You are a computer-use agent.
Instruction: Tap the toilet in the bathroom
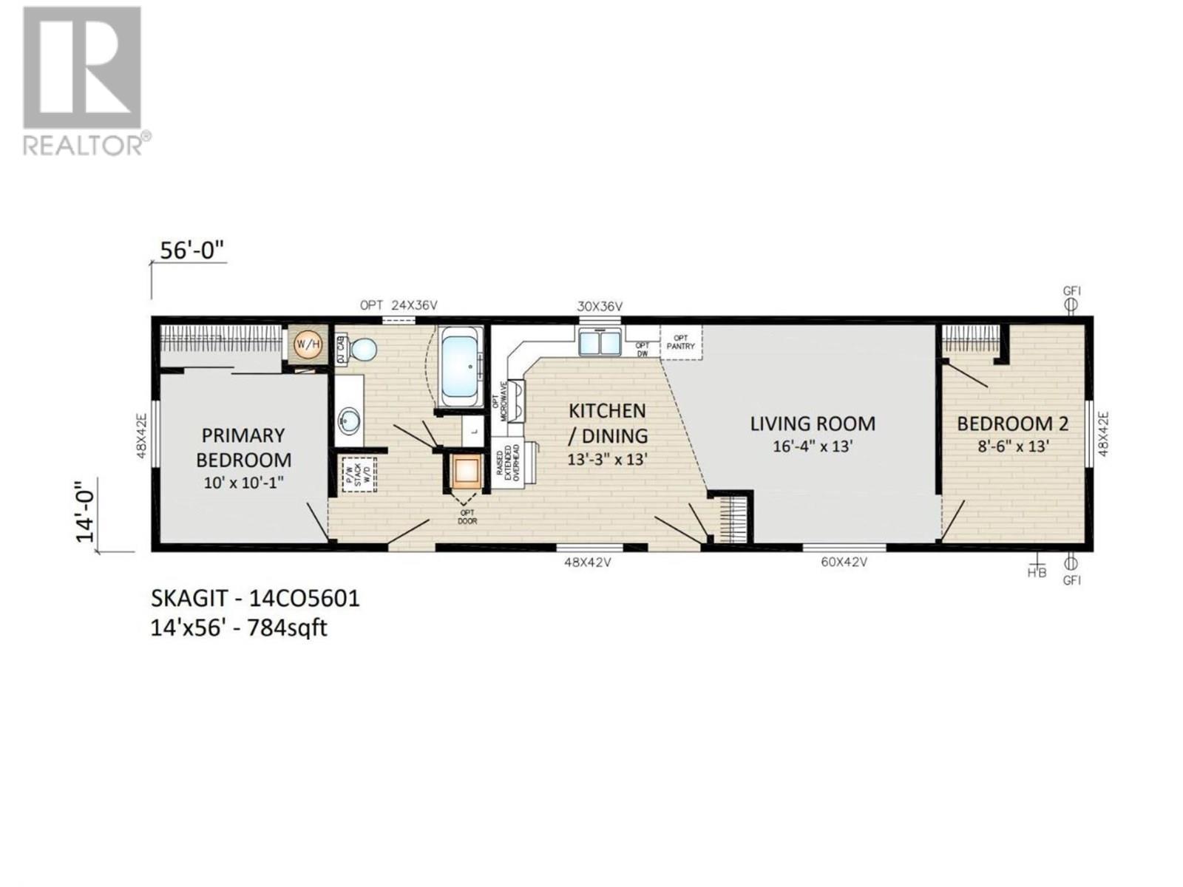pyautogui.click(x=362, y=349)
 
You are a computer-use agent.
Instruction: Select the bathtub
pyautogui.click(x=462, y=367)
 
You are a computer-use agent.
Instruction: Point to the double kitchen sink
pyautogui.click(x=600, y=342)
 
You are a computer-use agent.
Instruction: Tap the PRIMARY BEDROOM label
pyautogui.click(x=243, y=447)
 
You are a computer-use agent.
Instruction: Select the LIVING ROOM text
pyautogui.click(x=813, y=424)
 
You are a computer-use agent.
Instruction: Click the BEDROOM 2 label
pyautogui.click(x=1012, y=424)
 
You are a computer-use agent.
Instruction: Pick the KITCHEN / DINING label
pyautogui.click(x=607, y=423)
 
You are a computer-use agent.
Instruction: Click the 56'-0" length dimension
pyautogui.click(x=192, y=251)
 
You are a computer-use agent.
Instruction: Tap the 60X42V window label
pyautogui.click(x=844, y=563)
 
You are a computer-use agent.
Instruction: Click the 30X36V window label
pyautogui.click(x=600, y=306)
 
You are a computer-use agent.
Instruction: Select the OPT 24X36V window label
pyautogui.click(x=399, y=305)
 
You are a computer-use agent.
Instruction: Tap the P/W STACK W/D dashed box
pyautogui.click(x=359, y=475)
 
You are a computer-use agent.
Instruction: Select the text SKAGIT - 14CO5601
pyautogui.click(x=255, y=598)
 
